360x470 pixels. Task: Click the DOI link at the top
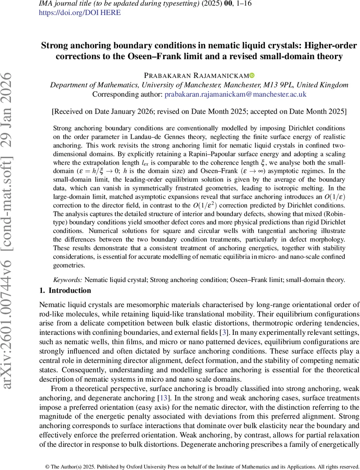[x=80, y=12]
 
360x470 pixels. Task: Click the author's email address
[x=235, y=94]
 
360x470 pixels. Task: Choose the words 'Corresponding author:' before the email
[x=128, y=94]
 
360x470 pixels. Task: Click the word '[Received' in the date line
[x=67, y=112]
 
